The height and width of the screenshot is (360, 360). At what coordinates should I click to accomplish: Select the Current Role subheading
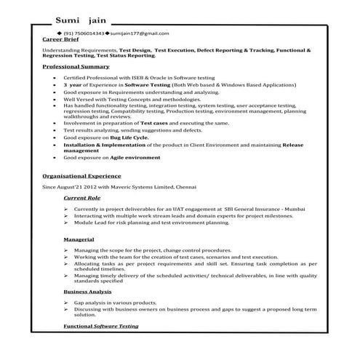coord(81,198)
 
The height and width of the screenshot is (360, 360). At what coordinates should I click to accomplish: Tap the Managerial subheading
coord(78,239)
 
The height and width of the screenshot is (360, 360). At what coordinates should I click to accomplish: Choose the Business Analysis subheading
coord(87,291)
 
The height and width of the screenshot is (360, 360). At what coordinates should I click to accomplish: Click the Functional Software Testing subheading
coord(100,327)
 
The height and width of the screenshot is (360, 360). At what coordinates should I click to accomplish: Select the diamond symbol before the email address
coord(107,33)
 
